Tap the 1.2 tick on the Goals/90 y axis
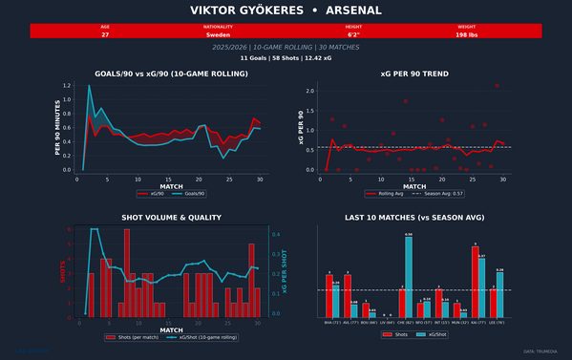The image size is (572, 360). point(67,86)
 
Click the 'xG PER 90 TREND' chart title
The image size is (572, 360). point(414,74)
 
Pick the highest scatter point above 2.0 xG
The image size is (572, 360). point(497,86)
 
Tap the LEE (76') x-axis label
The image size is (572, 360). point(498,323)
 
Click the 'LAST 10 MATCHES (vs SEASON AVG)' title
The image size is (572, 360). point(414,218)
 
